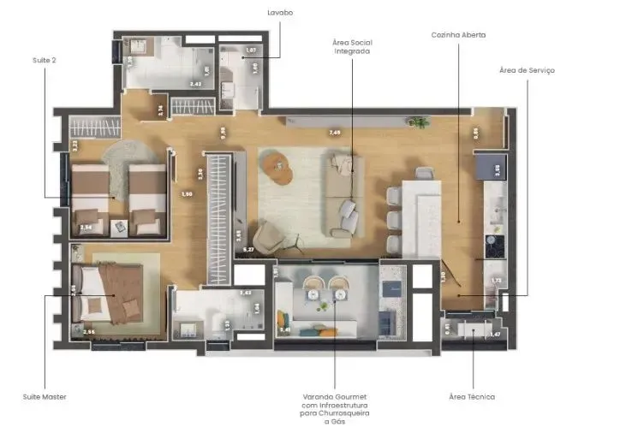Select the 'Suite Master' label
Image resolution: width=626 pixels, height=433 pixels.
point(45,397)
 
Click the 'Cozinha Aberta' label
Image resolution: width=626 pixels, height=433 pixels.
point(459,35)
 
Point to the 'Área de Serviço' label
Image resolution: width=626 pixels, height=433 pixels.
point(527,69)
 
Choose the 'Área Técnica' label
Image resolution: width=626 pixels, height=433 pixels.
point(472,397)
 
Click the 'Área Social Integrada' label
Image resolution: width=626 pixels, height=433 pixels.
point(352,46)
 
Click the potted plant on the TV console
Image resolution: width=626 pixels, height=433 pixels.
point(419,122)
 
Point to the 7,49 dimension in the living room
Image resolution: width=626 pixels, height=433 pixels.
point(335,133)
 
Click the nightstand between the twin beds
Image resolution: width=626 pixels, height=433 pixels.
point(119,226)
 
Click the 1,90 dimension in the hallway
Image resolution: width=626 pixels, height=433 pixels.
point(186,194)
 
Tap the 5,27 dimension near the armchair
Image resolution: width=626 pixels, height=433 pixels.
point(250,249)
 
